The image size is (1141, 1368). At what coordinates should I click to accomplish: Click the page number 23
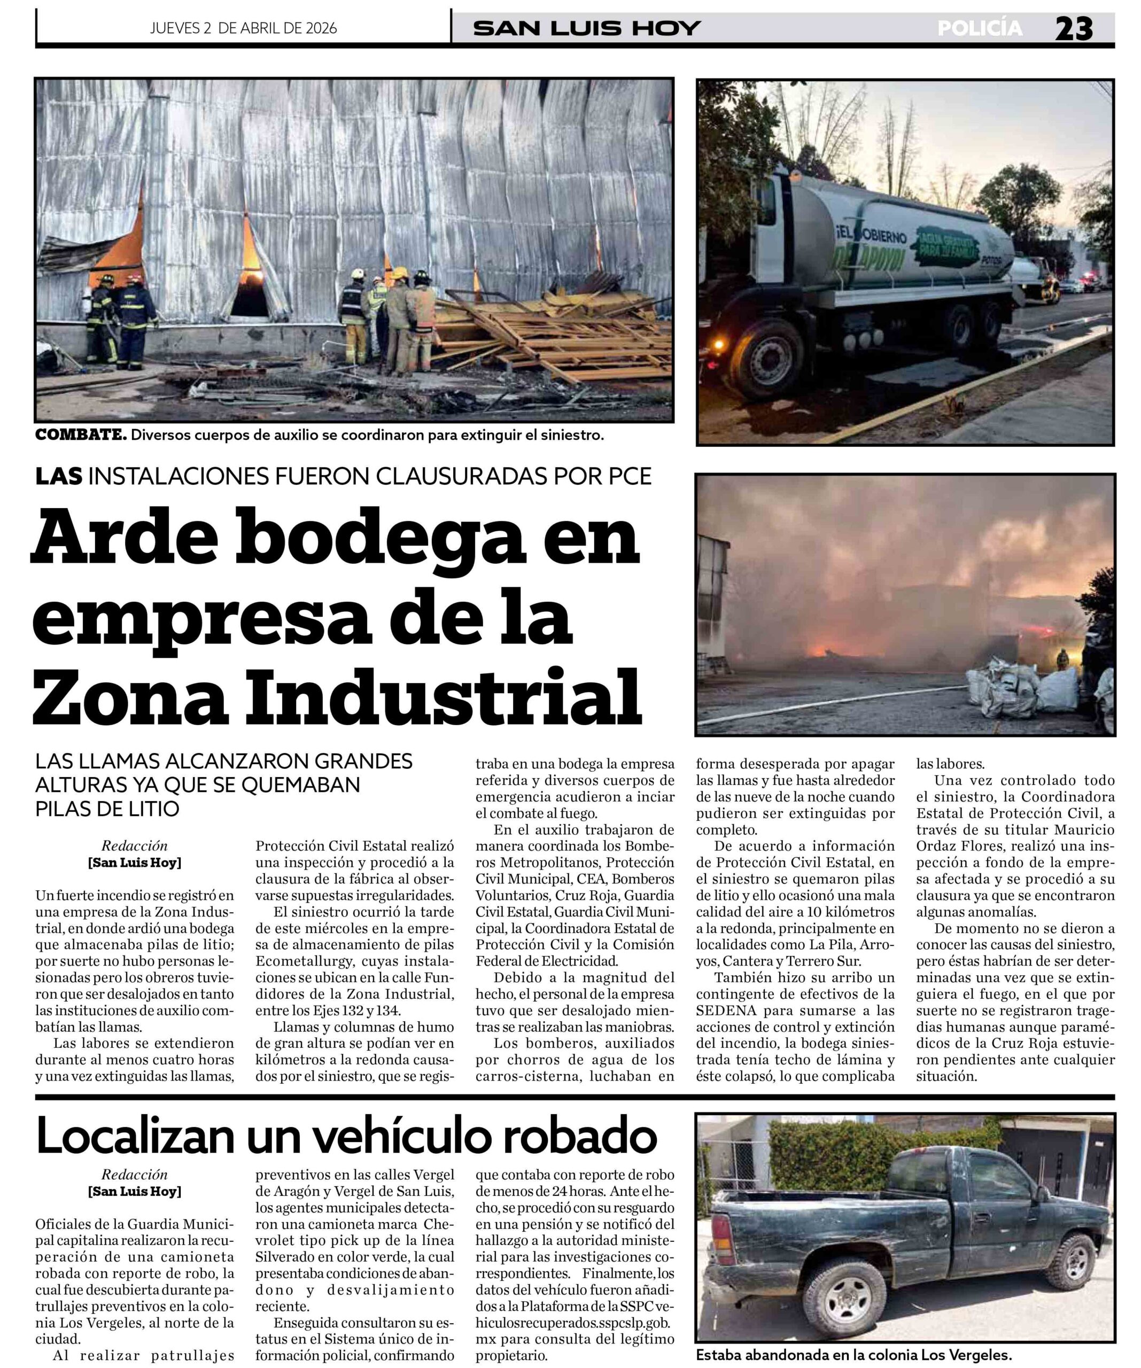coord(1073,29)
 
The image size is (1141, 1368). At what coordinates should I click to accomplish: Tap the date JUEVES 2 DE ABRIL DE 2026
coord(243,28)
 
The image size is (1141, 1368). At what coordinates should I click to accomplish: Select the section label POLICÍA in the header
coord(980,28)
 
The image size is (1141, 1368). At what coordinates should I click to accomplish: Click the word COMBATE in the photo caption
coord(81,435)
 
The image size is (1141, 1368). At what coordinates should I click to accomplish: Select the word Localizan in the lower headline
coord(134,1136)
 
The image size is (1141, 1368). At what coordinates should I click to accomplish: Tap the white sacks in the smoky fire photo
coord(1029,687)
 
